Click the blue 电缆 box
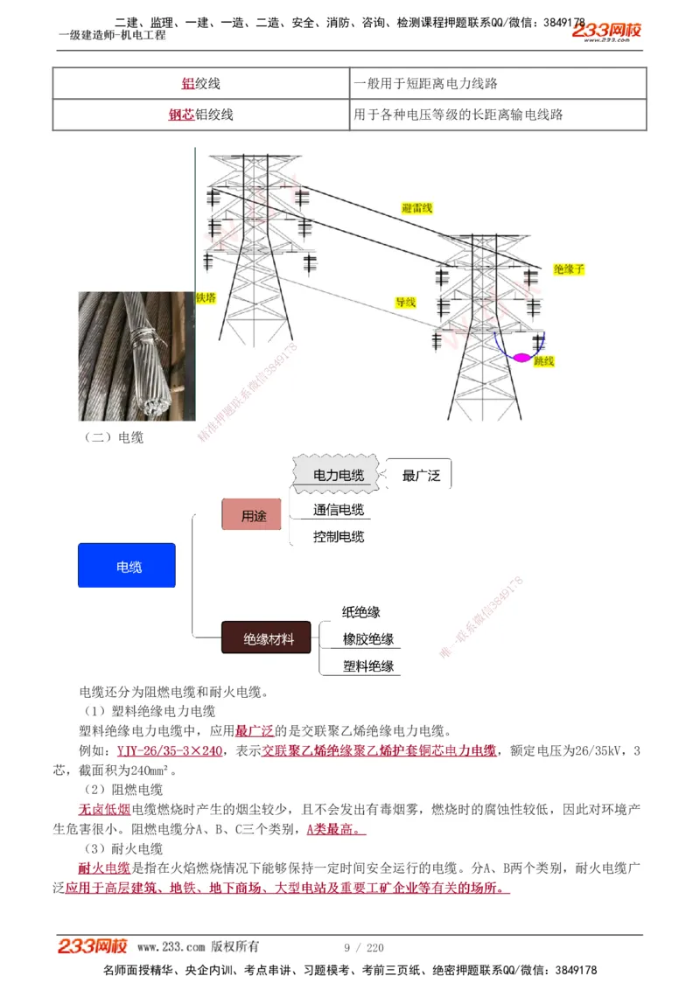tap(127, 566)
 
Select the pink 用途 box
tap(252, 515)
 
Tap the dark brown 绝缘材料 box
tap(266, 638)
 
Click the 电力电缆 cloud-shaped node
tap(339, 475)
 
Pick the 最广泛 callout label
tap(421, 476)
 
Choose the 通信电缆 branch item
tap(339, 510)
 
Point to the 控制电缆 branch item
tap(339, 536)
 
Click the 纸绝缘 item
tap(360, 612)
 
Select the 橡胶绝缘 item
tap(367, 639)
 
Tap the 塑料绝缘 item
tap(367, 666)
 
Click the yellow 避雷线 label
tap(416, 208)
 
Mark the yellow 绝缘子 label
tap(569, 269)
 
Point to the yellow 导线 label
tap(405, 303)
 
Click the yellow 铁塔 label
tap(206, 297)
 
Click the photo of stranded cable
tap(136, 357)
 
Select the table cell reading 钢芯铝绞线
tap(201, 115)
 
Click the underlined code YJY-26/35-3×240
tap(170, 751)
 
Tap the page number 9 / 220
tap(364, 947)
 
